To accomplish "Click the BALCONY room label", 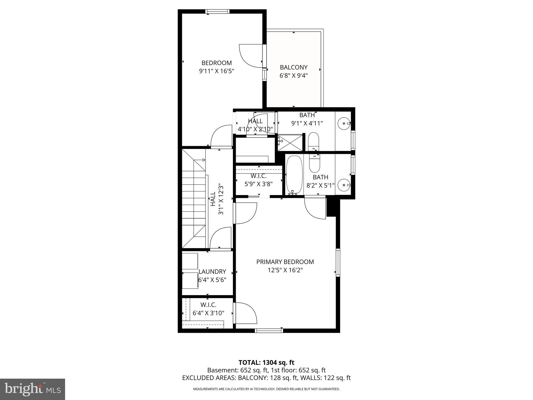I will click(x=294, y=67).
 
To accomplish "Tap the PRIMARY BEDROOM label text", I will click(x=285, y=262).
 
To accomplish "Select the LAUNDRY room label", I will click(x=212, y=272).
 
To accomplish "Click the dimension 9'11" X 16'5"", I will click(x=217, y=71).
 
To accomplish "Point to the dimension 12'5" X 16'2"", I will click(x=285, y=270).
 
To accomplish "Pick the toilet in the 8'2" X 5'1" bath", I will click(x=314, y=164).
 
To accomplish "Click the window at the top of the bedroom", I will click(x=217, y=11).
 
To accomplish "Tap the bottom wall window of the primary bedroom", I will click(x=269, y=330).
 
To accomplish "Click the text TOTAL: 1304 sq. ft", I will click(x=266, y=362).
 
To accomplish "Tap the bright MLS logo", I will click(x=33, y=389).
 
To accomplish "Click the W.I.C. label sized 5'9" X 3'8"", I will click(x=258, y=176).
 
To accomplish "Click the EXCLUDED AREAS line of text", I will click(x=266, y=378).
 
